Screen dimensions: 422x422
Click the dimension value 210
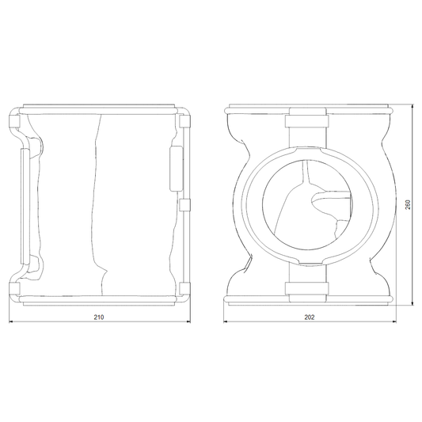pos(99,317)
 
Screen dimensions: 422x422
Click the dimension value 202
pos(310,317)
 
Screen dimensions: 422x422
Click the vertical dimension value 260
pos(408,205)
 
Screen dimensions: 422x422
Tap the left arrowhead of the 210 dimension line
pos(11,321)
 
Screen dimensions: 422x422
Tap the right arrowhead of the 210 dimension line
pos(188,321)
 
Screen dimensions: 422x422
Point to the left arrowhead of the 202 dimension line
pos(226,321)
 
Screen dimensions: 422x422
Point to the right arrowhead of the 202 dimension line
pos(394,321)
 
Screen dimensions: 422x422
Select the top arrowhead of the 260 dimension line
pos(412,107)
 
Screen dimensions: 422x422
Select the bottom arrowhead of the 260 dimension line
pos(412,303)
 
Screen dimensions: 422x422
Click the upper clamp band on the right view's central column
pos(307,121)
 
